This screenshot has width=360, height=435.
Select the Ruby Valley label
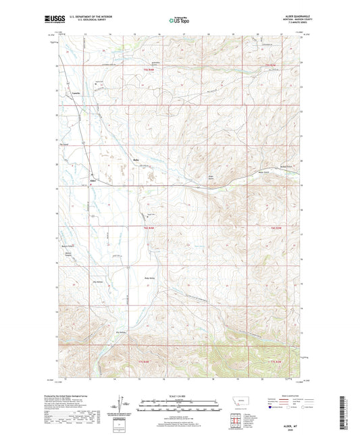pos(150,278)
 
